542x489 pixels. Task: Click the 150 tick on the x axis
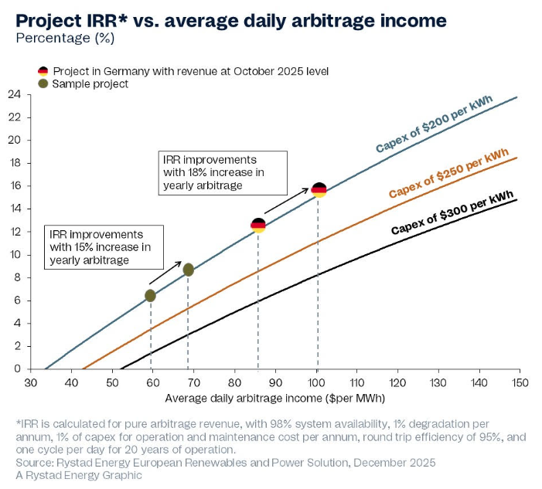[518, 382]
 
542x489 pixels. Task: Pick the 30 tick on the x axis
[31, 382]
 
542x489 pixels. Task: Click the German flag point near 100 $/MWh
[318, 189]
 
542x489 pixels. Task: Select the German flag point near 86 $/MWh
[258, 226]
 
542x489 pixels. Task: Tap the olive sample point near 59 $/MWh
[150, 295]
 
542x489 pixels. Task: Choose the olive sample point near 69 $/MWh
[188, 269]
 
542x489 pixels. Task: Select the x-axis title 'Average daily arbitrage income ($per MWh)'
[274, 399]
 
